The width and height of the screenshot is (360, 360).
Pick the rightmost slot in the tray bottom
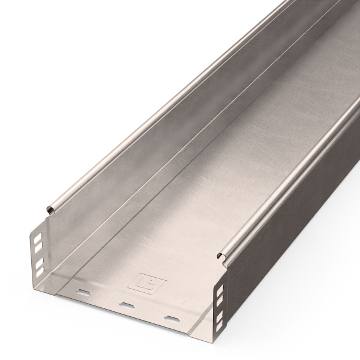point(172,317)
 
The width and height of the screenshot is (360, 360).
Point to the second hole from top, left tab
point(38,245)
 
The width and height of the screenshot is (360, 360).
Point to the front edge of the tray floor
point(120,313)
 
